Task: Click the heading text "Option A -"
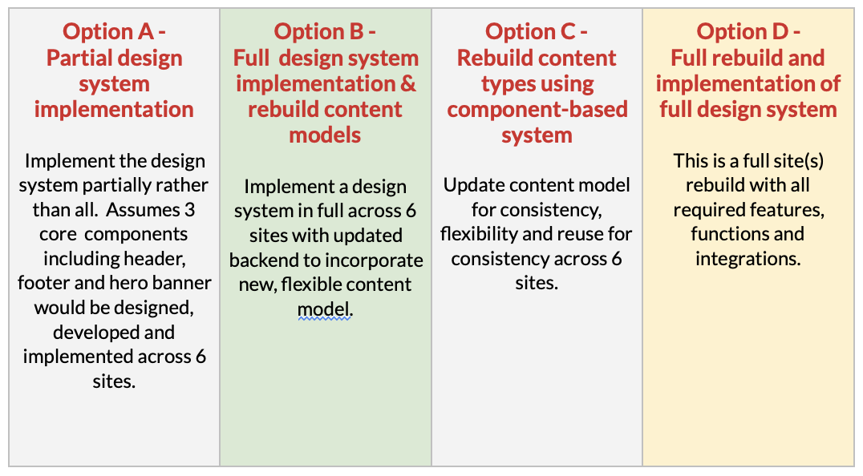pos(114,32)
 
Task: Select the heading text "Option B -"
pos(325,32)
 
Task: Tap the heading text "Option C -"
pos(536,32)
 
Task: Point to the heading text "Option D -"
pos(748,32)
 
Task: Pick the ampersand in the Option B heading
pos(407,83)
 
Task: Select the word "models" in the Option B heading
pos(325,135)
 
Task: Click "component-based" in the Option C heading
pos(537,109)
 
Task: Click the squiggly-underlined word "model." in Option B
pos(325,309)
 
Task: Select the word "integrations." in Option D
pos(748,258)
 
